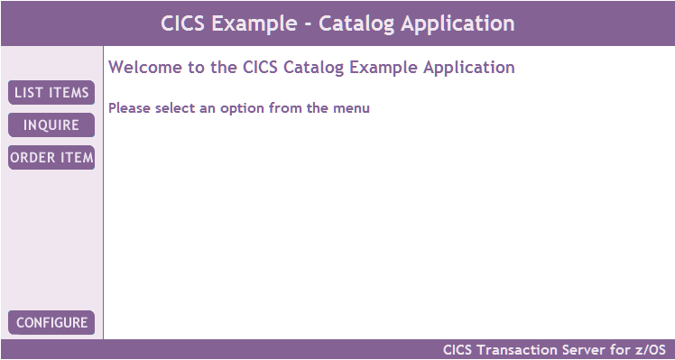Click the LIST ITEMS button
pos(51,93)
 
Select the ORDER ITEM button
pos(51,158)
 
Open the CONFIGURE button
pos(51,322)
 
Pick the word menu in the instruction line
pos(350,109)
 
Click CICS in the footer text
pos(458,350)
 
